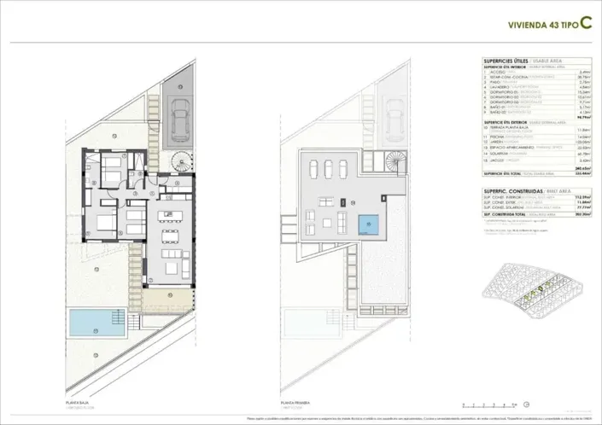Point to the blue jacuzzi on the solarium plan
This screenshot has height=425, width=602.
(x=368, y=224)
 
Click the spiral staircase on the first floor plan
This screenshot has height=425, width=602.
(x=394, y=160)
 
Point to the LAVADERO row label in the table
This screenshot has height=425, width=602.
(x=500, y=86)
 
